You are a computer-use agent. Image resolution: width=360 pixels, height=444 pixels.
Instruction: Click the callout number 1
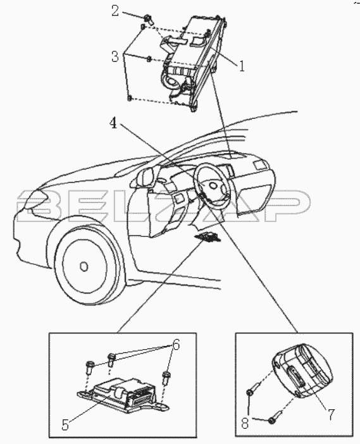click(241, 66)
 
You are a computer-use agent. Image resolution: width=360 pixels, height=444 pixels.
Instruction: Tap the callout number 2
click(115, 11)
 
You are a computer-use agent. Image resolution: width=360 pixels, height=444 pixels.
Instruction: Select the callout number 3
click(115, 57)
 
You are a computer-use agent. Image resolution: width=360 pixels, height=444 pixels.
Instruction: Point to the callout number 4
click(114, 123)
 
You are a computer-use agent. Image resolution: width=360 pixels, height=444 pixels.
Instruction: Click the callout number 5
click(65, 425)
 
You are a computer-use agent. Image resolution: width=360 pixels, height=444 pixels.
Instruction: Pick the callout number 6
click(176, 345)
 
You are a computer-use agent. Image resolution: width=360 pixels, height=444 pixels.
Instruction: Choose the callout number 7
click(330, 415)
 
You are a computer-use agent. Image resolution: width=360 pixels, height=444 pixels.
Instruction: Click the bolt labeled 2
click(149, 20)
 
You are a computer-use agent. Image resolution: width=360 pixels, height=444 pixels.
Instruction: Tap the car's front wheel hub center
click(84, 266)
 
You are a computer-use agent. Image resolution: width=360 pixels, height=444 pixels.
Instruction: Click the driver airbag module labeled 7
click(302, 371)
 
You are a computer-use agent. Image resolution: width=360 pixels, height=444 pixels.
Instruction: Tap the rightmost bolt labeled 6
click(166, 378)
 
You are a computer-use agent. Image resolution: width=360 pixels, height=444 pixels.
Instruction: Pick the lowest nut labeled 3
click(130, 98)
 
